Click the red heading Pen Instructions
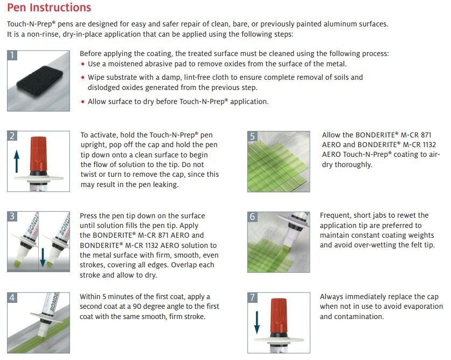pos(48,8)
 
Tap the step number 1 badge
pos(13,55)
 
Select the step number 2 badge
pos(13,136)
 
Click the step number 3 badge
pos(13,217)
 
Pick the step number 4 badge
pos(13,297)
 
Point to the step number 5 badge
pos(253,136)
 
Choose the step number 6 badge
pos(253,217)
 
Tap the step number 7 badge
pos(253,297)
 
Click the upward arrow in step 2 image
pos(16,161)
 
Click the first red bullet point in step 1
pos(82,64)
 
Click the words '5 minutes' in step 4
pos(121,297)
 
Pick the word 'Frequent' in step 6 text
pos(335,216)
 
